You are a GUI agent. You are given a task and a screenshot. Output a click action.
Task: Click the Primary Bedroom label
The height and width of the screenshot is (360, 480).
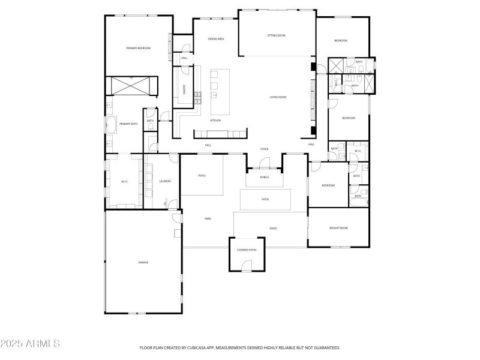coord(138,48)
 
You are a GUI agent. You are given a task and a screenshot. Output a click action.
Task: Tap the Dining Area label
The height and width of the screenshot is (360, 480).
coord(216,39)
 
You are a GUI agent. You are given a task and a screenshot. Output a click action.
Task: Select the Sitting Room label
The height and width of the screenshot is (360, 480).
coord(276,35)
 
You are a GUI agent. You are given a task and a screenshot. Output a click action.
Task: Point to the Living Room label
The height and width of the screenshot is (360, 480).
coord(278,97)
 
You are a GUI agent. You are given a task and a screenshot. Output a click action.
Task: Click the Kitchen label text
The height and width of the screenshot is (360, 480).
coord(215,121)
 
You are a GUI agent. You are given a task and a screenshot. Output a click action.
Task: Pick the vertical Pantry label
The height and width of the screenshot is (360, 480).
coord(185,89)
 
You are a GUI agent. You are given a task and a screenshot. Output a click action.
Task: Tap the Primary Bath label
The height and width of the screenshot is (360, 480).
coord(128,124)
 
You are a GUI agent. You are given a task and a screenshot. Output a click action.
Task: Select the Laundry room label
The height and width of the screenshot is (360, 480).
coord(166,181)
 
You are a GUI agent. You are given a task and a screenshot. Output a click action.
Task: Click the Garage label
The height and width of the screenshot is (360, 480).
coord(143,262)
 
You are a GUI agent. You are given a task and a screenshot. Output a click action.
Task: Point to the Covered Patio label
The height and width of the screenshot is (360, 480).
coord(247,250)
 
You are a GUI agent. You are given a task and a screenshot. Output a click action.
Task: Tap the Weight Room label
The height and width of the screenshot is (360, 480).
coord(338,228)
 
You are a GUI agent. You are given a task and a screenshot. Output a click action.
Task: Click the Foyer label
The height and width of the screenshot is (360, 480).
coord(264,149)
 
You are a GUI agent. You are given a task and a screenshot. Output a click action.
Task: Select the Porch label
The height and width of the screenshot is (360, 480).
coord(264,177)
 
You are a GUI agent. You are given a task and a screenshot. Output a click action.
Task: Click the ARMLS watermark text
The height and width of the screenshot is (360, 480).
coord(30,344)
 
